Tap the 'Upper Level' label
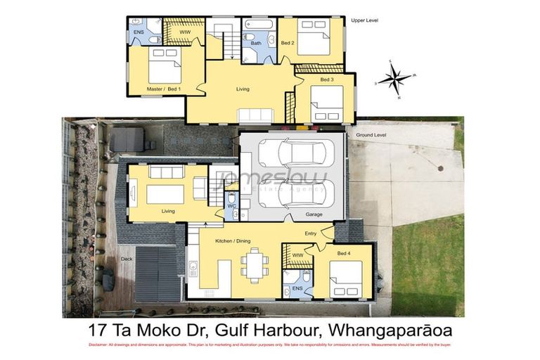pos(364,21)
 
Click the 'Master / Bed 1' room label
pos(163,89)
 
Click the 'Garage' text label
pos(314,214)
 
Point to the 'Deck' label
pos(126,258)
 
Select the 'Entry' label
pos(311,233)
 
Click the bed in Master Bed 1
pos(167,66)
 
